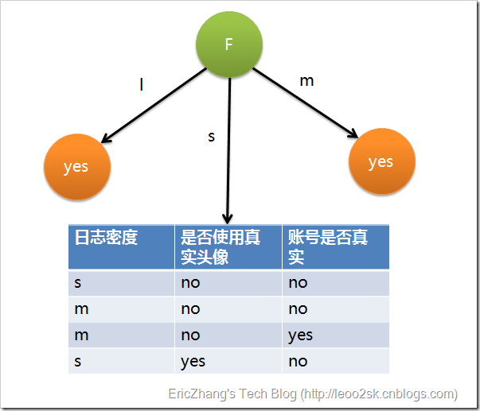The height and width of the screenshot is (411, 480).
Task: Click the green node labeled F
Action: (x=229, y=45)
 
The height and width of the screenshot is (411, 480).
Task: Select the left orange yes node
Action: (x=76, y=167)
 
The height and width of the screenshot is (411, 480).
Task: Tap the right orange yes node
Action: (x=381, y=161)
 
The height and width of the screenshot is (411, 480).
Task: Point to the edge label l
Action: (x=142, y=84)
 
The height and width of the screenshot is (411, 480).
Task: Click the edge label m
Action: (x=306, y=81)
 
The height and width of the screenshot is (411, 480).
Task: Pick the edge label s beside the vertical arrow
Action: (x=211, y=137)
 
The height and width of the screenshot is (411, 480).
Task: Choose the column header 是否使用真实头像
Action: (x=221, y=246)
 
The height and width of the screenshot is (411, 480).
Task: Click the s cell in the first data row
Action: (x=78, y=283)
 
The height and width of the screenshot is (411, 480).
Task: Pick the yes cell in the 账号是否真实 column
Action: (x=301, y=335)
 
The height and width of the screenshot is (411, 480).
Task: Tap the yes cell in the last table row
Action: (x=193, y=361)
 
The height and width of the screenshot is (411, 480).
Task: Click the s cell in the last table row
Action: (x=78, y=361)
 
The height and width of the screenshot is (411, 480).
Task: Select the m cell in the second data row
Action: (x=81, y=309)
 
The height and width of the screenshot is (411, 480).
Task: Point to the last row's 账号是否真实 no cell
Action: (x=298, y=361)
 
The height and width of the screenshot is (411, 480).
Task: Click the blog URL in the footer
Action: (x=379, y=394)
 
